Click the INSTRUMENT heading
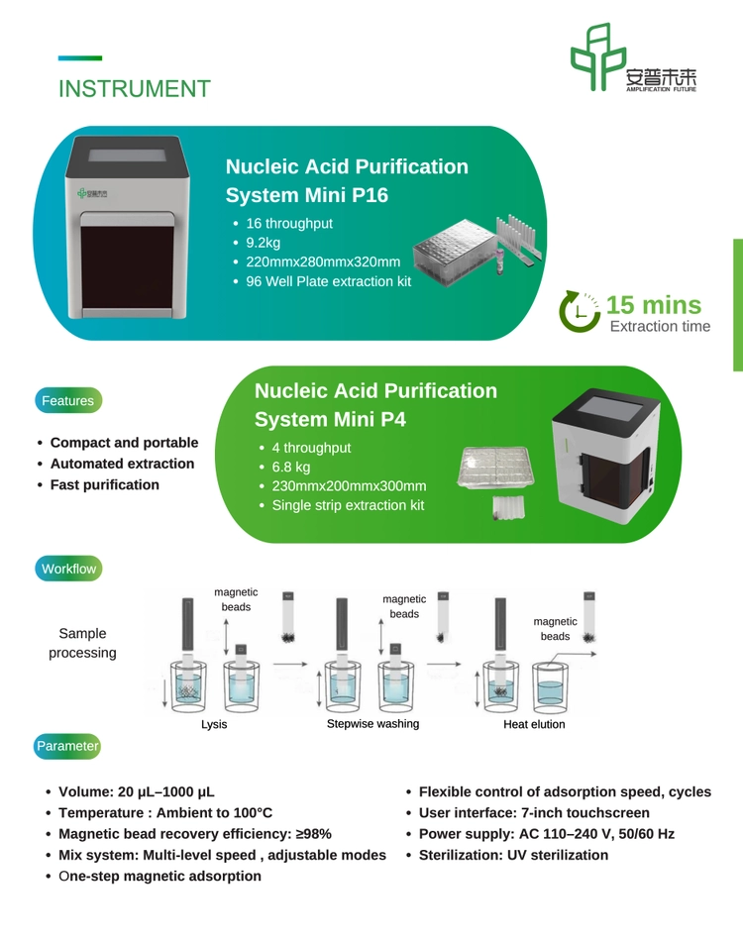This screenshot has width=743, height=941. click(135, 89)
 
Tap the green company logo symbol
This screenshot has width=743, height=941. click(598, 57)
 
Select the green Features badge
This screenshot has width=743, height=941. click(68, 400)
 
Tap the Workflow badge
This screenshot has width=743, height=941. click(68, 569)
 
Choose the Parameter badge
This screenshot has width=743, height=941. click(67, 746)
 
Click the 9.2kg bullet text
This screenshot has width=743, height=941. click(263, 243)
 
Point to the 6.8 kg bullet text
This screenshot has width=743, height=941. click(291, 467)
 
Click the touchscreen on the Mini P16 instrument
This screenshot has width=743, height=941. click(127, 156)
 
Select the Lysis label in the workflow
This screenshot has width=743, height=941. click(214, 724)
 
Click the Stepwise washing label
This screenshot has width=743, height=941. click(372, 724)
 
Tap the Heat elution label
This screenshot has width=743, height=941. click(534, 724)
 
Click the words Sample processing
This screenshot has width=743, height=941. click(83, 643)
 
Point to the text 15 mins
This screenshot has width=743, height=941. click(654, 305)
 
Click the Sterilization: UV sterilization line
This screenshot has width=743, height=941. click(513, 855)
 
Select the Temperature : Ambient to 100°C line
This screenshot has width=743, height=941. click(165, 812)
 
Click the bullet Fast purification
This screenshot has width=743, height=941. click(105, 484)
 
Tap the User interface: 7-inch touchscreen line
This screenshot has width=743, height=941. click(534, 812)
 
